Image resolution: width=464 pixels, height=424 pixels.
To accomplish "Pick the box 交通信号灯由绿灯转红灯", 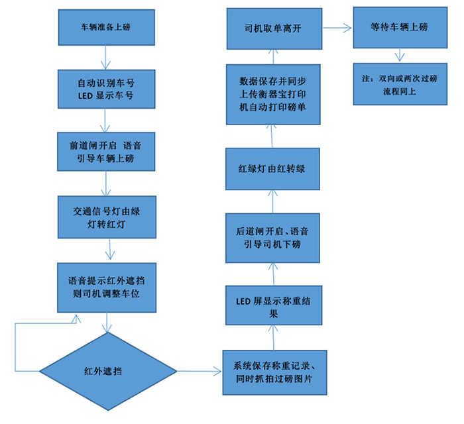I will click(107, 217).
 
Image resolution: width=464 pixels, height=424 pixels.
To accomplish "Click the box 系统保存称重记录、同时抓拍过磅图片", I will click(274, 372).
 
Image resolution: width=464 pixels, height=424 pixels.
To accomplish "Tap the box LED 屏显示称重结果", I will click(274, 305).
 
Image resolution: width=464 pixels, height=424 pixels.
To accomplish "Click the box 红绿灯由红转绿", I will click(274, 168).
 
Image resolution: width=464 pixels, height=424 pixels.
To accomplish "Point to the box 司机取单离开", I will click(274, 28).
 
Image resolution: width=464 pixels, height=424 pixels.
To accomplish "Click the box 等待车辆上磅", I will click(396, 28).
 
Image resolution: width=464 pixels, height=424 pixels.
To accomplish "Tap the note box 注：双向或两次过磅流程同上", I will click(396, 85).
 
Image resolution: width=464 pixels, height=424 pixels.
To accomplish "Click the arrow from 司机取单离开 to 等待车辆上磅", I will click(337, 28).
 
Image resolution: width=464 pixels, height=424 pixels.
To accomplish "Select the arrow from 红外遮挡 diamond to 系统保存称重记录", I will click(199, 370).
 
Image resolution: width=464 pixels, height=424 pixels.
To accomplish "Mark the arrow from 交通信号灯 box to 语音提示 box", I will click(109, 250).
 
